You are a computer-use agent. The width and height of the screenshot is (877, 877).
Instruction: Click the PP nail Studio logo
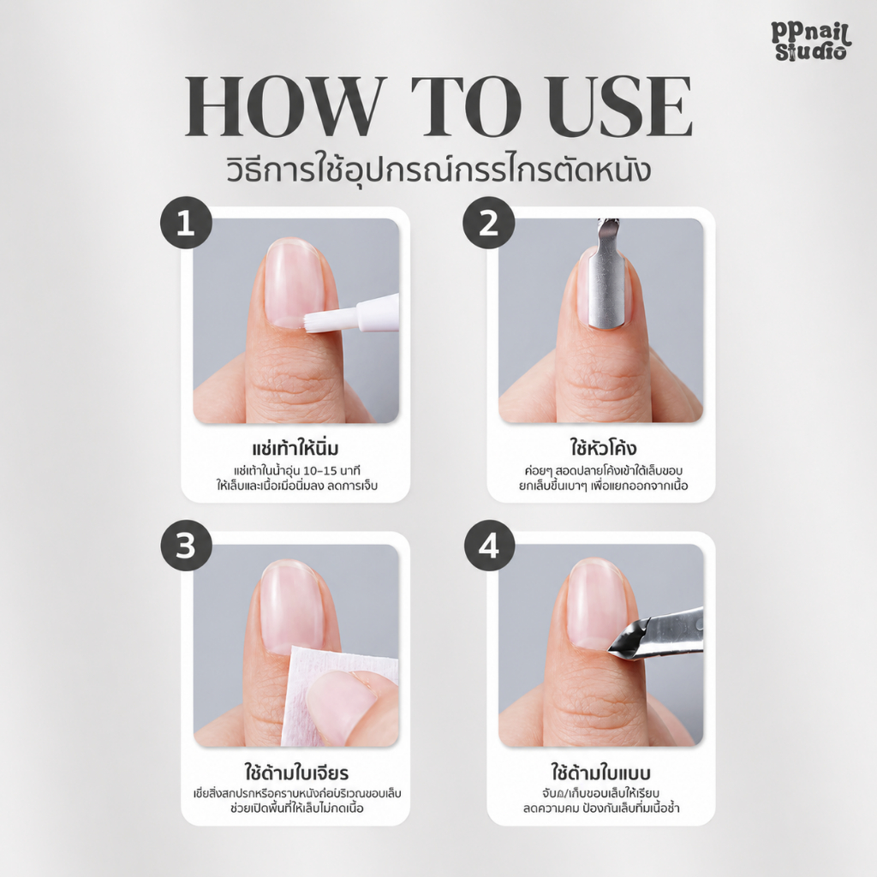click(x=810, y=40)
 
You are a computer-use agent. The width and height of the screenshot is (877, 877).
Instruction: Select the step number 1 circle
click(x=186, y=223)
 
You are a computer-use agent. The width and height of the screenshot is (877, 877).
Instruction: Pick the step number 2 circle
click(x=489, y=223)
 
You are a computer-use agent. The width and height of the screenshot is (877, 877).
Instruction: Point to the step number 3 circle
click(x=186, y=546)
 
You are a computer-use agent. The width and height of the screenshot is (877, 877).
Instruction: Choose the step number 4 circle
click(x=489, y=546)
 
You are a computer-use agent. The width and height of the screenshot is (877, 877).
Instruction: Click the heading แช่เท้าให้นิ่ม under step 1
click(x=295, y=449)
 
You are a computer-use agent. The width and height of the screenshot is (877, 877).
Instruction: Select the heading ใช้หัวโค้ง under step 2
click(x=603, y=448)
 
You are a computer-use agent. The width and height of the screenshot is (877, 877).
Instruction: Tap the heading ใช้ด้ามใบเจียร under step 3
click(x=296, y=773)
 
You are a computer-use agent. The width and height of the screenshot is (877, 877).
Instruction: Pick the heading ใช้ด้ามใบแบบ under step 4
click(x=600, y=773)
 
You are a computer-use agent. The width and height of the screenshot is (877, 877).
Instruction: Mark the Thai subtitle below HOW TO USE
click(x=438, y=169)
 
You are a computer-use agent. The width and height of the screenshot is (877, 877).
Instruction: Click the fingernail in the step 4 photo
click(x=595, y=604)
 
